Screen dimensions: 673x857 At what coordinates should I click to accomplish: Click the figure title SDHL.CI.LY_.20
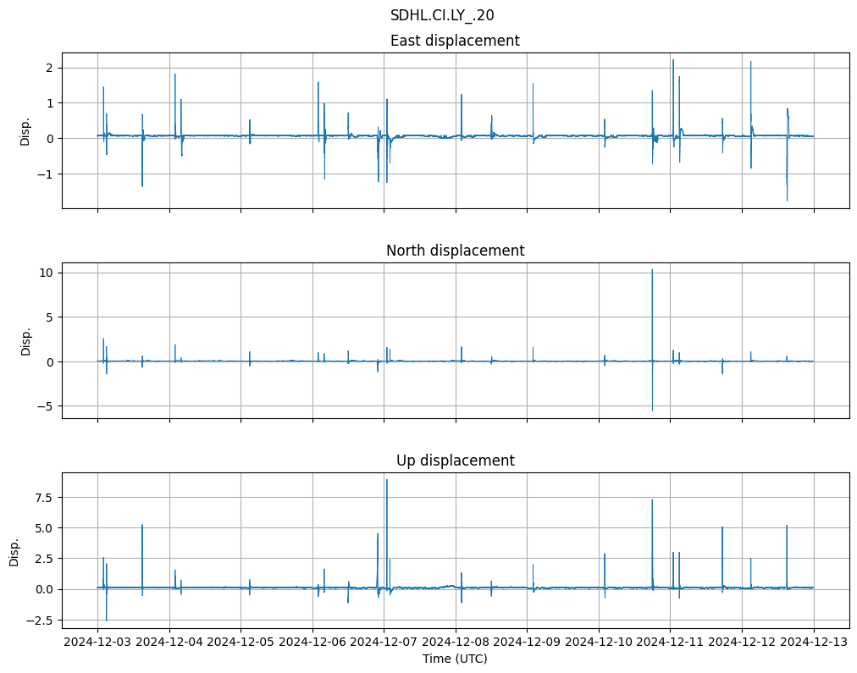[442, 15]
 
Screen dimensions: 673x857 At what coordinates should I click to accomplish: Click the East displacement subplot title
[455, 41]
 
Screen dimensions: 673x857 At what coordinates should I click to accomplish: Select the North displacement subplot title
[455, 251]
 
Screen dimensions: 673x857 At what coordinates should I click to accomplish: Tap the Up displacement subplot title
[455, 461]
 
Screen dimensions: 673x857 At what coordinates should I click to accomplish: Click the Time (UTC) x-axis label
[455, 659]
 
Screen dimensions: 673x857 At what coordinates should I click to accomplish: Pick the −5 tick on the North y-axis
[45, 406]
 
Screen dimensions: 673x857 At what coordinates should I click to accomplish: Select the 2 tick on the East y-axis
[50, 68]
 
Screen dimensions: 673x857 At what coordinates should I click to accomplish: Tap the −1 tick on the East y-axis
[47, 174]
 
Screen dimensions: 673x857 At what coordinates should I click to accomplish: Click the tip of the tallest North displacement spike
[652, 270]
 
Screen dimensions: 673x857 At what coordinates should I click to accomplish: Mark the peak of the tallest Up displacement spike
[387, 480]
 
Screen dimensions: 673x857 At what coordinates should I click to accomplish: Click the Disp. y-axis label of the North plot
[25, 340]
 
